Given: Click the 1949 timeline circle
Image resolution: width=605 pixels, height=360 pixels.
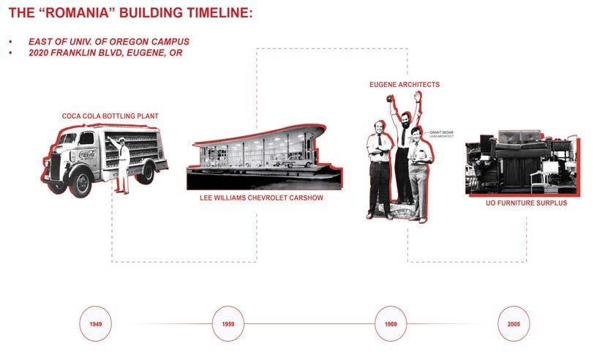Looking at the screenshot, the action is (96, 323).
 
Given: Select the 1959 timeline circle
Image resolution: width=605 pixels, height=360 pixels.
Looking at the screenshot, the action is (228, 323).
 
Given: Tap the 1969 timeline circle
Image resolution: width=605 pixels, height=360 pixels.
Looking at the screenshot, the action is (391, 323).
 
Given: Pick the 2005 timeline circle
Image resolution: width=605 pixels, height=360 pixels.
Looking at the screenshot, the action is (513, 323).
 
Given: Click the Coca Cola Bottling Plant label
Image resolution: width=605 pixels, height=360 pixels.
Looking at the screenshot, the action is (110, 116).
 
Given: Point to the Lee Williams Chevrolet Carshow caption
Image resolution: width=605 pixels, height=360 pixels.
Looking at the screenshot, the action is (262, 198).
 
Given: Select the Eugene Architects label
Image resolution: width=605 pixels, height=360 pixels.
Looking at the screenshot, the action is (405, 85).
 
